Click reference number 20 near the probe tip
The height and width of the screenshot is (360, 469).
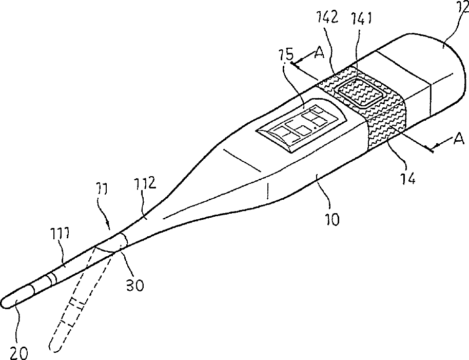[19, 352]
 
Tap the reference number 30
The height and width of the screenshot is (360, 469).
[134, 285]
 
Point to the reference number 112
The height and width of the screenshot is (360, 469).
[145, 183]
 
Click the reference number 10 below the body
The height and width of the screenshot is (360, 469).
[331, 219]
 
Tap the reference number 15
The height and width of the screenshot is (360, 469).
[287, 54]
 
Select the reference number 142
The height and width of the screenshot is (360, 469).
[327, 17]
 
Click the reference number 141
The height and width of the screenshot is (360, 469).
[361, 18]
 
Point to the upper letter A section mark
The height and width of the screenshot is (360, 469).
[319, 53]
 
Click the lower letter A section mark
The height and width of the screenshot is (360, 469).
[459, 139]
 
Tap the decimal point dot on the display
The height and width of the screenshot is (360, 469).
[315, 128]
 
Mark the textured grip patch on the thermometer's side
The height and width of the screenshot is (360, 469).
[386, 124]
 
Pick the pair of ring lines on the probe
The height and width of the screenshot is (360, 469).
[51, 279]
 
